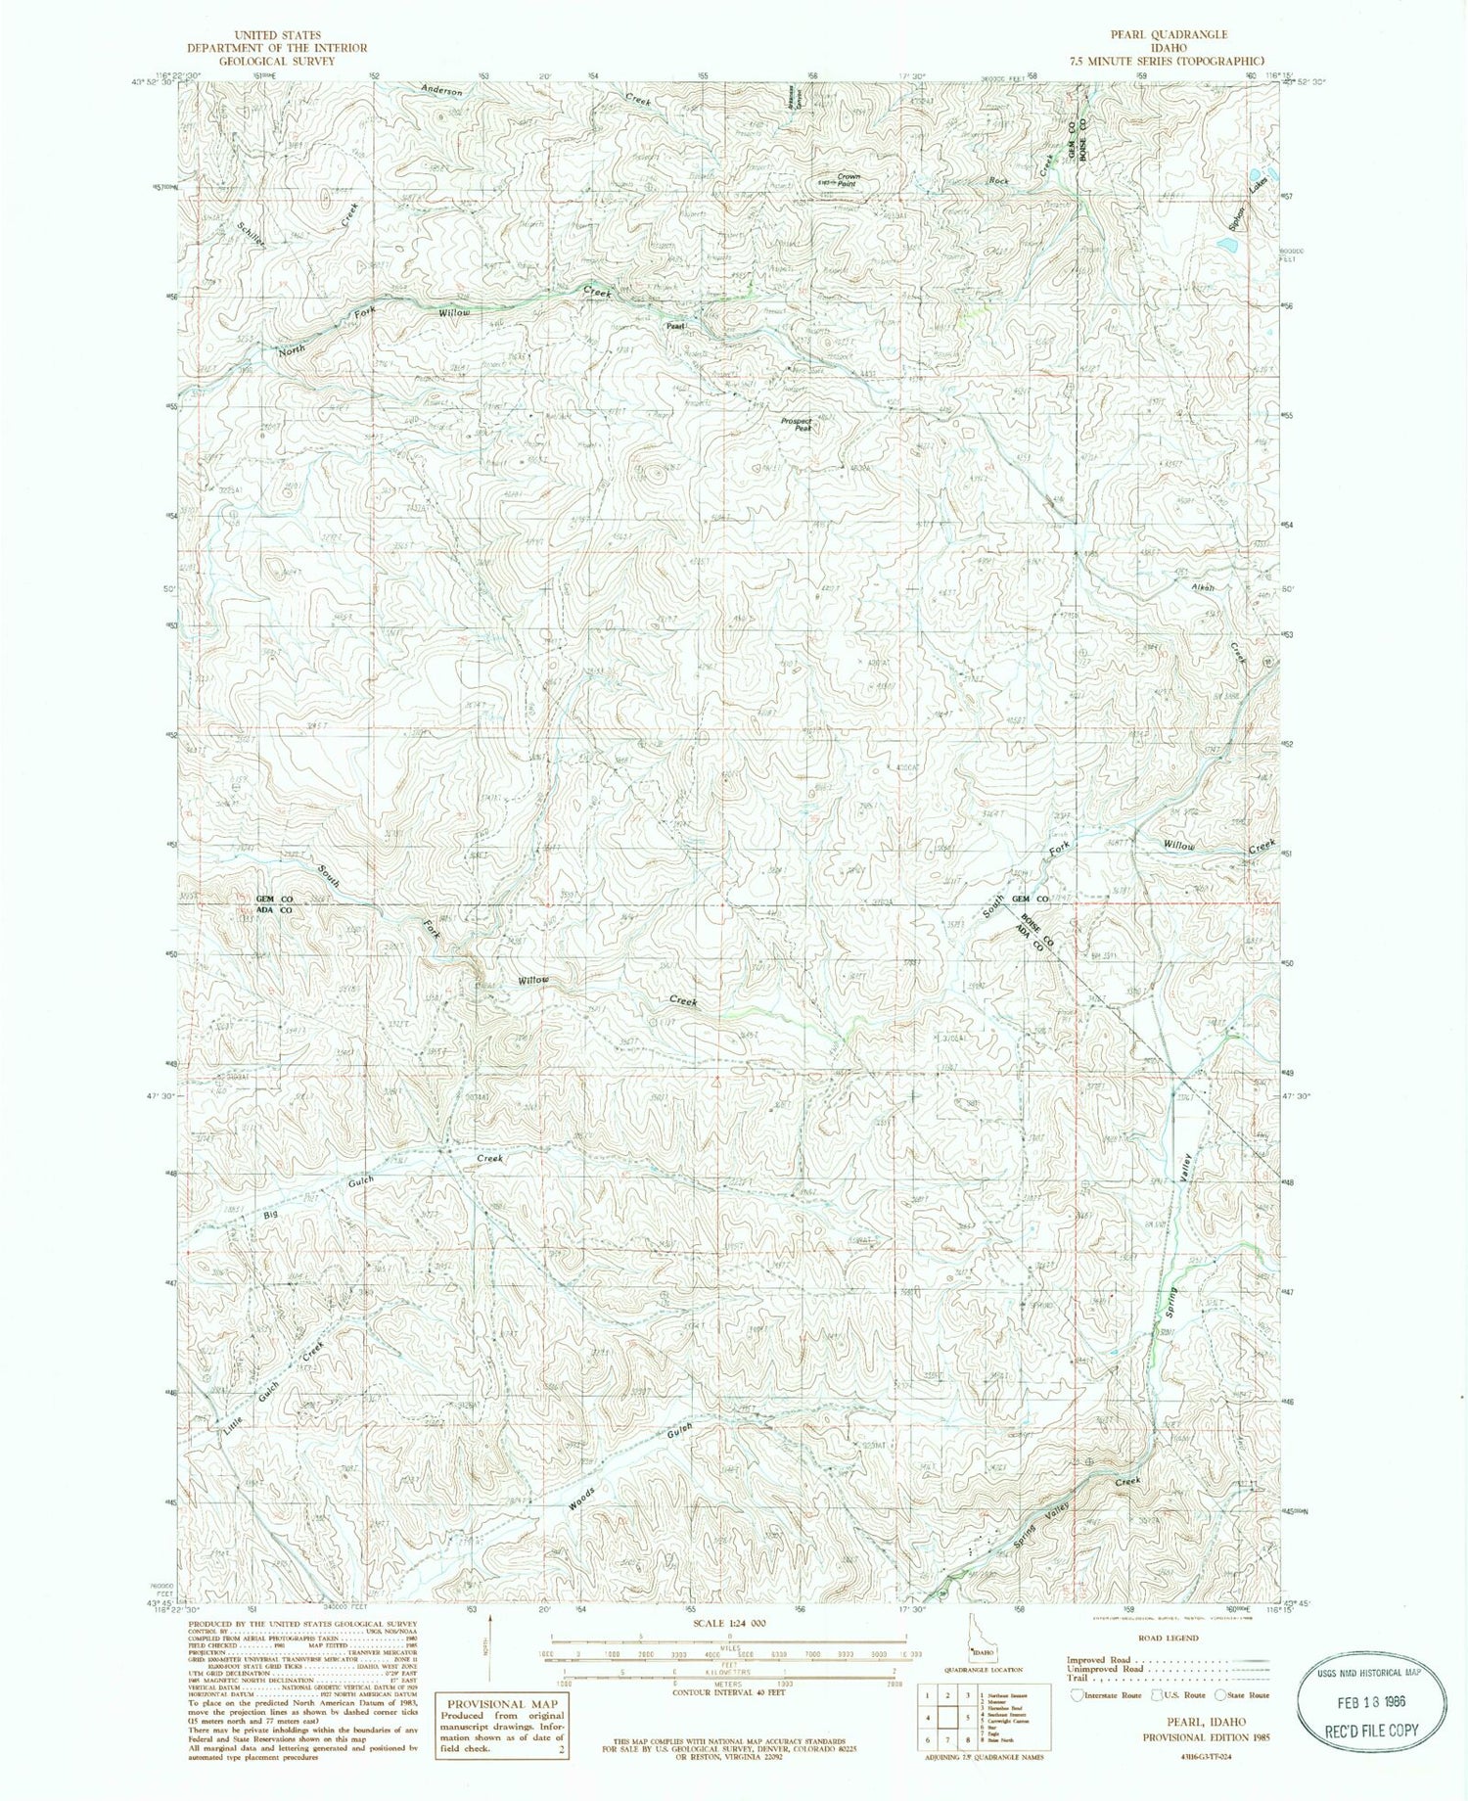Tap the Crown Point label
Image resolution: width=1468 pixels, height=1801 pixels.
[x=847, y=180]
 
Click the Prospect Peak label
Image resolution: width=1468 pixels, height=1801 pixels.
[x=797, y=425]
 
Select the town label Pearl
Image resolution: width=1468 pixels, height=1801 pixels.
[x=674, y=326]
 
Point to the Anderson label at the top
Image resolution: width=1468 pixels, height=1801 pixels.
[x=441, y=91]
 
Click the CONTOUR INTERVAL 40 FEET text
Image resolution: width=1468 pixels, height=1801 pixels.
[x=729, y=1690]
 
